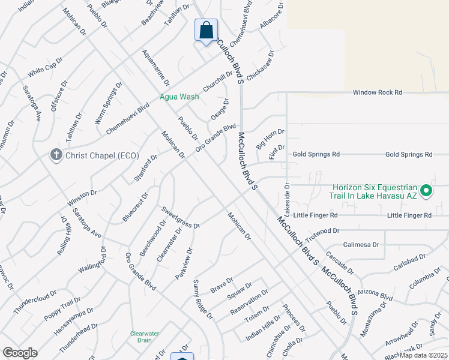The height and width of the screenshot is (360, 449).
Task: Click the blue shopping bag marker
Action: click(206, 30)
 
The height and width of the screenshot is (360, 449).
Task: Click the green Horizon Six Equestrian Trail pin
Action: click(427, 191)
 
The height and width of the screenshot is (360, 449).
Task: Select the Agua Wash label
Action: click(179, 97)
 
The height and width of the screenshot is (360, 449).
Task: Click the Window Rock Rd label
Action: click(377, 92)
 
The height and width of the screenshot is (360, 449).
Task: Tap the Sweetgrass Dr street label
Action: click(180, 216)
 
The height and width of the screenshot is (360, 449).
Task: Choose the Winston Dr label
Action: click(82, 196)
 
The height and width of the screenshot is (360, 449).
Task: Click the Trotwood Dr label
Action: click(323, 230)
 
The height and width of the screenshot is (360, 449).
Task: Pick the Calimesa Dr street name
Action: click(361, 245)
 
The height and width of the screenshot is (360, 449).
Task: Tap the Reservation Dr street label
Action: click(249, 304)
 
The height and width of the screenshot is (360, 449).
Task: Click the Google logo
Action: click(20, 353)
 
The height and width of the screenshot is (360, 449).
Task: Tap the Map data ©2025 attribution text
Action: click(424, 355)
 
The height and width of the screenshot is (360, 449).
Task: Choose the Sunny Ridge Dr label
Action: click(202, 298)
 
